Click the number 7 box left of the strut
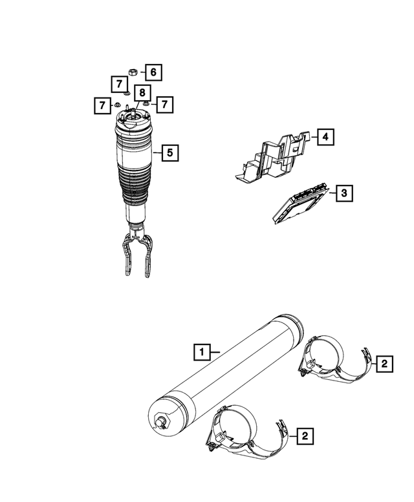click(x=101, y=104)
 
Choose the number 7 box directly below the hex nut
click(x=118, y=83)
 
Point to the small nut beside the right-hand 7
click(x=146, y=103)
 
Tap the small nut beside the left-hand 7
click(x=118, y=105)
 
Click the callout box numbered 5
click(x=169, y=153)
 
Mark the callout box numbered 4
click(x=325, y=137)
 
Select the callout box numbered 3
click(x=344, y=193)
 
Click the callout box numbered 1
click(x=202, y=353)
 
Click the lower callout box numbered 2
click(x=304, y=437)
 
